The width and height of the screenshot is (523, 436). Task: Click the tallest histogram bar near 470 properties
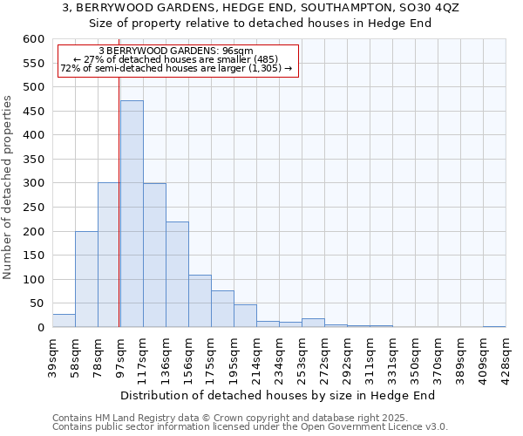pos(132,214)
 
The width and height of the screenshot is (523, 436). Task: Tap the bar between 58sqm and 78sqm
pos(86,279)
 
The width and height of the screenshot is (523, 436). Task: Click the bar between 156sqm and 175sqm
pos(200,301)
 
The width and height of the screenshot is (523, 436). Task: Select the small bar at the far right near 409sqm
pos(494,326)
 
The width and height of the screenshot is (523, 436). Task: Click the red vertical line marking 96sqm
pos(119,218)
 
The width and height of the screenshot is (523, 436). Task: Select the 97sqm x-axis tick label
pos(120,352)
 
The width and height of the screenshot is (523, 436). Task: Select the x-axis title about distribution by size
pos(277,395)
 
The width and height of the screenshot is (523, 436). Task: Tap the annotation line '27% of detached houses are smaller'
pos(177,59)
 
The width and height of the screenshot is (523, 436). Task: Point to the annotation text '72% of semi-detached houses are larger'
pos(177,68)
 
